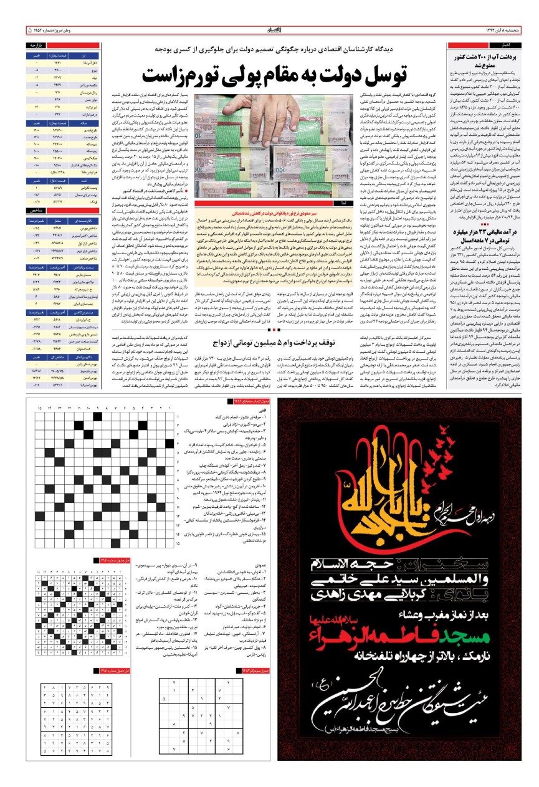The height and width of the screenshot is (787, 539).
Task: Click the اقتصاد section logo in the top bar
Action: [269, 29]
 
